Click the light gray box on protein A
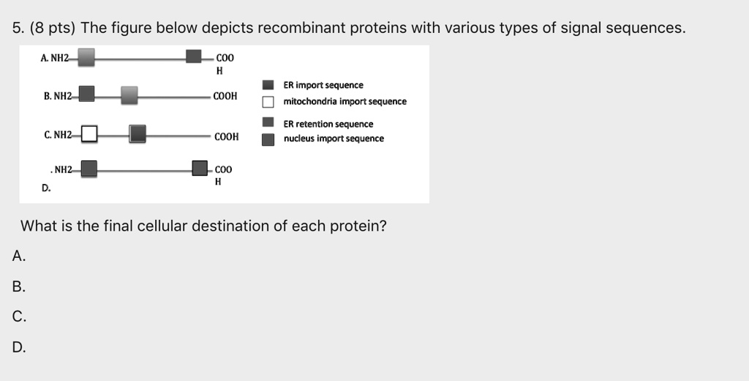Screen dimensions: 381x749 (86, 56)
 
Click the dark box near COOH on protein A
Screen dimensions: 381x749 (194, 57)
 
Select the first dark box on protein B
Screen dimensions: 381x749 (86, 95)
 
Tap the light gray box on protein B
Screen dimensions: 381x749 (129, 95)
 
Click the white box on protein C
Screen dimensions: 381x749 (89, 134)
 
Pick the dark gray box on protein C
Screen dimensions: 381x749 (137, 133)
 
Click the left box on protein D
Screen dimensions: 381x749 (89, 169)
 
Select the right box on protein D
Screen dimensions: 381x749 (200, 169)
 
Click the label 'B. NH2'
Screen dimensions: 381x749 (58, 96)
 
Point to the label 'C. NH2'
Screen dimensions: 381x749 (58, 136)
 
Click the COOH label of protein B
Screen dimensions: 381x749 (225, 96)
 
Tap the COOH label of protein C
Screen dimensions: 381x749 (227, 136)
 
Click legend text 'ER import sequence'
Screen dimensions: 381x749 (323, 86)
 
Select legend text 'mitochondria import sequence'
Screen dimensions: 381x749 (345, 102)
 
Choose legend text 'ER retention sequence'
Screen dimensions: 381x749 (328, 124)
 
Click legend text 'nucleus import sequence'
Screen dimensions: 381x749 (334, 138)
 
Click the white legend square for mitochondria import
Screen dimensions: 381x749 (268, 102)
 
